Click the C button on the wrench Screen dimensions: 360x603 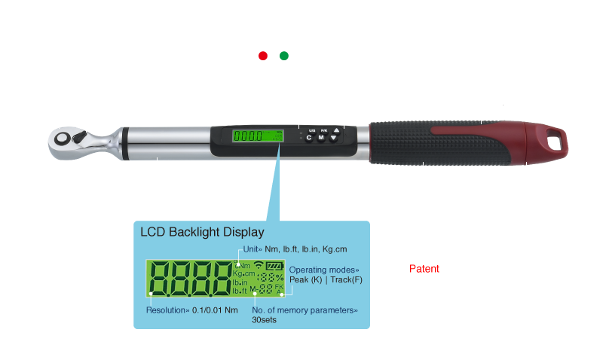pos(309,139)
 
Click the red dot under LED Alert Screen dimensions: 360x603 pos(262,56)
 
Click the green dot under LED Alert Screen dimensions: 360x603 pos(284,56)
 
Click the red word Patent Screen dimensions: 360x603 pos(423,269)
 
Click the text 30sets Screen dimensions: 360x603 pos(265,319)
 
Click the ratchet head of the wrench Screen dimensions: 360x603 pos(72,139)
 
